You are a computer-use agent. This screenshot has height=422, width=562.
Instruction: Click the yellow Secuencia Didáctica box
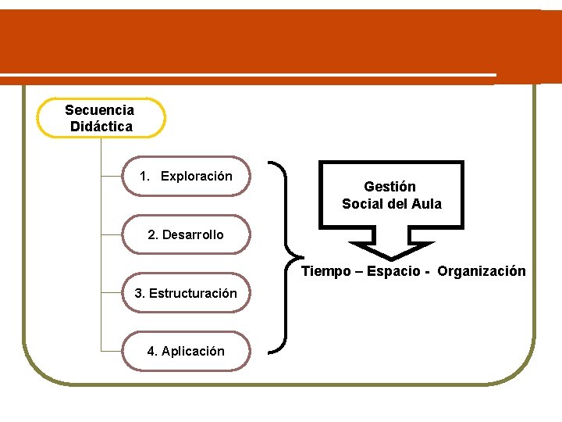point(101,117)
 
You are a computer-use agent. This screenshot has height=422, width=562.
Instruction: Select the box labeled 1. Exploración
point(186,176)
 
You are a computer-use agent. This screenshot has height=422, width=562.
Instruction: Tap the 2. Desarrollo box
point(186,234)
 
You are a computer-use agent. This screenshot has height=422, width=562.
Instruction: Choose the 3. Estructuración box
point(186,293)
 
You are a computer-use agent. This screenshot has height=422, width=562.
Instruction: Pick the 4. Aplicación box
point(186,351)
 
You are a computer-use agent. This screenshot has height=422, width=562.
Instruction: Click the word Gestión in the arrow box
point(389,187)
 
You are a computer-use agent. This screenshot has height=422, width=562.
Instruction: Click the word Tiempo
point(327,271)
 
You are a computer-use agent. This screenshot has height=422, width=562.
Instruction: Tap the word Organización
point(482,271)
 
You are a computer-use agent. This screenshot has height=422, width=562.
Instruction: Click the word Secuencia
point(99,110)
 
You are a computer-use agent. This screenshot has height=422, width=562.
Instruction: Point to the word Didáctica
point(101,126)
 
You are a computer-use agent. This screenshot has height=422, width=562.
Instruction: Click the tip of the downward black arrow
point(390,259)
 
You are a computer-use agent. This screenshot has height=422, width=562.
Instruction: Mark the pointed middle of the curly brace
point(293,256)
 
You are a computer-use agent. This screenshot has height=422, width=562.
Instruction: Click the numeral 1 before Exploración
point(144,176)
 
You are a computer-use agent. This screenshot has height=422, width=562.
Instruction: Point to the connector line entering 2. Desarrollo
point(112,234)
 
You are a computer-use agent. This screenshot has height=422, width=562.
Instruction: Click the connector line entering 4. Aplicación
point(112,351)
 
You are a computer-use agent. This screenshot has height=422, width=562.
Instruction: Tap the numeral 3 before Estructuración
point(138,294)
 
